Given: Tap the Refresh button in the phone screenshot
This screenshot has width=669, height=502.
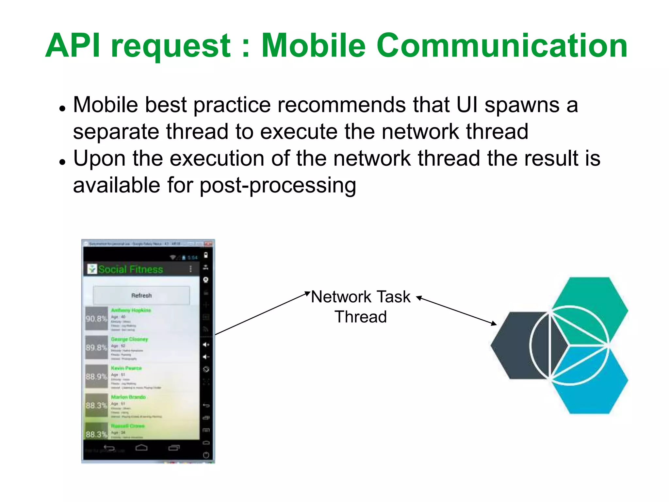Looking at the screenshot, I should point(141,295).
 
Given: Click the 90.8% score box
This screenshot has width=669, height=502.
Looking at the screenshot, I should point(96,319).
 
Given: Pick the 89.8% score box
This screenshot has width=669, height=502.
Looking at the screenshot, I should point(96,347).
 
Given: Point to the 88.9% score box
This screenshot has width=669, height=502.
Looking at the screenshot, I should point(96,376).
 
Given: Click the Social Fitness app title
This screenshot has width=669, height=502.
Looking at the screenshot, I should point(130,269).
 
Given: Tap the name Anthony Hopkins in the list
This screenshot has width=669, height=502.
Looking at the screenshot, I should point(131,310).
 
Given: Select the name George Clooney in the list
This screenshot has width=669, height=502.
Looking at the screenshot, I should point(129,339).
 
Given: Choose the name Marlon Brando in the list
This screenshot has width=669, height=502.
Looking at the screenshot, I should point(128,397).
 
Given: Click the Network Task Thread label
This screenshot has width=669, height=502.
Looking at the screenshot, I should point(361,307).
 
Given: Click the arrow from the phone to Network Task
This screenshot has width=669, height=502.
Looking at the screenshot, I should point(261,313).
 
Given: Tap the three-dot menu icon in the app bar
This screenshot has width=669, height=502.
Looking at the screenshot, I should point(191,269).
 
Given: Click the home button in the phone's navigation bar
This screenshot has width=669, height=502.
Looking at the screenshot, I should point(141,448).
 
